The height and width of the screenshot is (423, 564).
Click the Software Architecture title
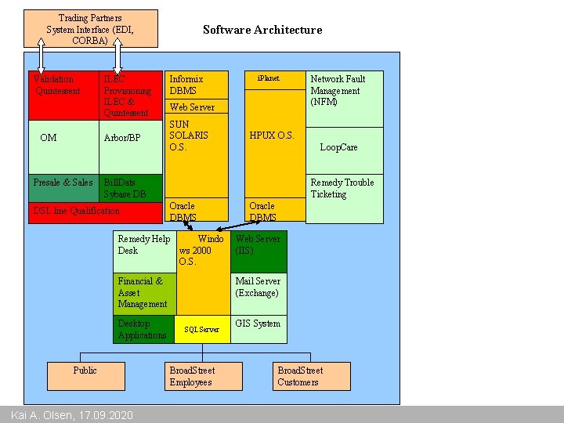click(x=262, y=30)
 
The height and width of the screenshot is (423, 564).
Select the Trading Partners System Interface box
click(x=90, y=28)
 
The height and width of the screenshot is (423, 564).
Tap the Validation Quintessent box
click(x=63, y=94)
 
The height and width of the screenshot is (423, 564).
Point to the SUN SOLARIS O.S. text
click(x=189, y=136)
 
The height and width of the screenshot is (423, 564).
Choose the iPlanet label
click(x=269, y=78)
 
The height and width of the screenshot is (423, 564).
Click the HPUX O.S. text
click(x=272, y=136)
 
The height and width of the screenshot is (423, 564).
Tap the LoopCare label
click(x=338, y=147)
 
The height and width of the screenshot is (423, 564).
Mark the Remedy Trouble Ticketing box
click(x=344, y=196)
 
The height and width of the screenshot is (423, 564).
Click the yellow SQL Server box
click(x=202, y=330)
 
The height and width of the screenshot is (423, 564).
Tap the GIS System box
click(x=258, y=329)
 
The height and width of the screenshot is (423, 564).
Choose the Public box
click(x=85, y=376)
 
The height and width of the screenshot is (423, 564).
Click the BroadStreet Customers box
click(x=312, y=376)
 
